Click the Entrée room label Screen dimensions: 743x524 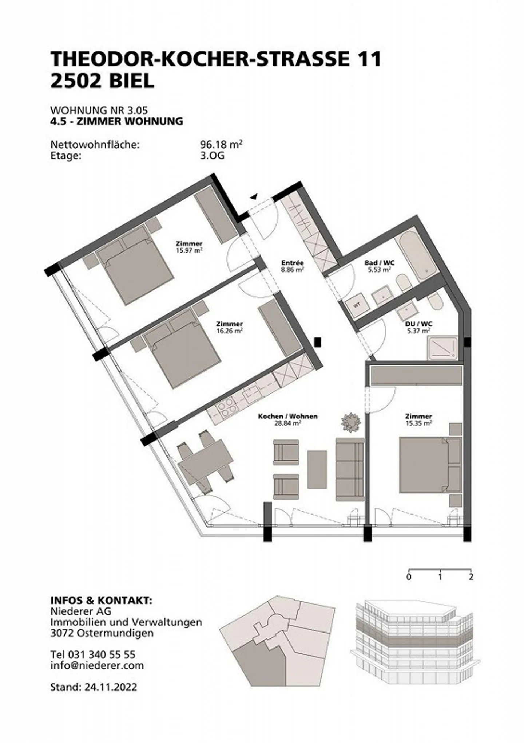pyautogui.click(x=292, y=263)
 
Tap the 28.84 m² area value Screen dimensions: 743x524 pyautogui.click(x=287, y=423)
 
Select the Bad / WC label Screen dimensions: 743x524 pyautogui.click(x=379, y=263)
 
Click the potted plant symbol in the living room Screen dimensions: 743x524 pyautogui.click(x=351, y=422)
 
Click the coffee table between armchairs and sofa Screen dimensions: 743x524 pyautogui.click(x=317, y=469)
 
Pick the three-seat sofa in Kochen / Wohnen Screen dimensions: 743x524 pyautogui.click(x=350, y=469)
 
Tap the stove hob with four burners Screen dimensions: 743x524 pyautogui.click(x=226, y=409)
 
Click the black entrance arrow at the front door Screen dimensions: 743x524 pyautogui.click(x=254, y=197)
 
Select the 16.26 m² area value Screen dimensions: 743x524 pyautogui.click(x=229, y=331)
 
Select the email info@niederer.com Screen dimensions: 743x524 pyautogui.click(x=97, y=665)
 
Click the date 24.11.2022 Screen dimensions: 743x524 pyautogui.click(x=111, y=687)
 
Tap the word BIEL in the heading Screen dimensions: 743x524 pyautogui.click(x=132, y=81)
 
